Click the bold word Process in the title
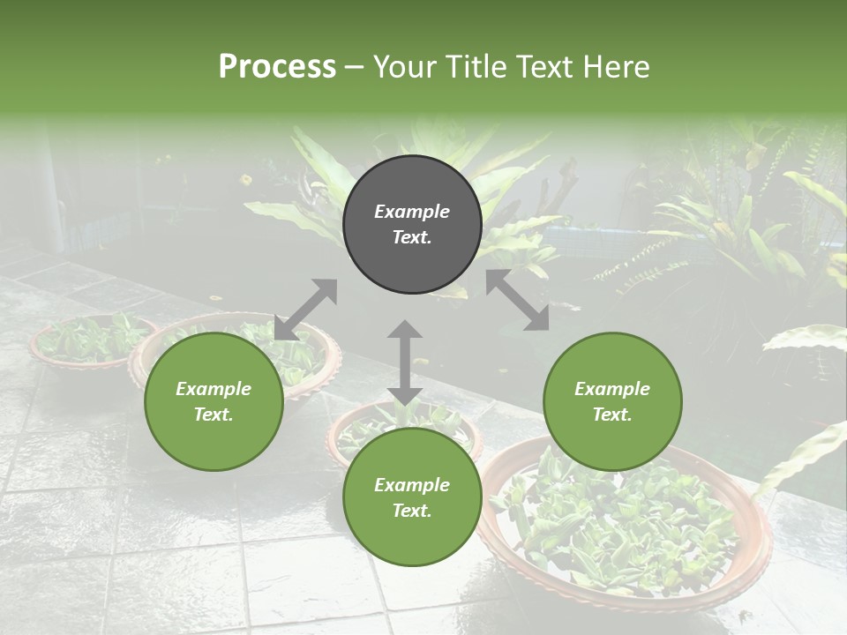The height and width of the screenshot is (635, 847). click(277, 67)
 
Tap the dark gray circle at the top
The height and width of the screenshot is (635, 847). click(412, 225)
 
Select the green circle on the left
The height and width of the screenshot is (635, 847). click(214, 402)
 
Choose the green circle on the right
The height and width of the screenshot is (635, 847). click(612, 402)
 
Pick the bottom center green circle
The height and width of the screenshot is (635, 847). click(412, 497)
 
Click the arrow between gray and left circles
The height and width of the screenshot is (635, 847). click(305, 310)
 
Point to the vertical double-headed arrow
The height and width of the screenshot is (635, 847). click(405, 362)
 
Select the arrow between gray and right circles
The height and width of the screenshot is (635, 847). click(517, 300)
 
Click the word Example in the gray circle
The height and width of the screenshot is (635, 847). click(412, 212)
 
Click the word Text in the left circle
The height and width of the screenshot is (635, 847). click(213, 415)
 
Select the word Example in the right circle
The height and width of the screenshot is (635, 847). click(612, 389)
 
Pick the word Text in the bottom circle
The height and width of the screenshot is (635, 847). click(411, 511)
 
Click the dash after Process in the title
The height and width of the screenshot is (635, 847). click(354, 67)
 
